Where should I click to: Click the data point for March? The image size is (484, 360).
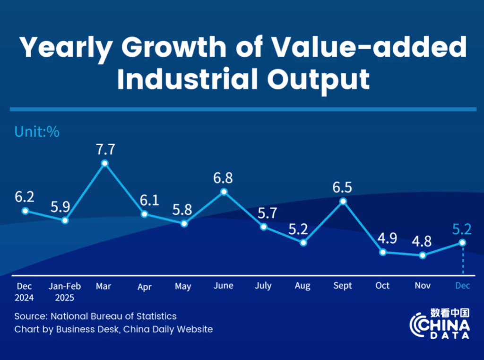(x=105, y=163)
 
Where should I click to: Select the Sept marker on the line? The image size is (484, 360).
(x=343, y=201)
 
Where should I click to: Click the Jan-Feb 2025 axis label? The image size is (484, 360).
(x=65, y=292)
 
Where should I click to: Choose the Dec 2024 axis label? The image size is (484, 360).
(x=25, y=292)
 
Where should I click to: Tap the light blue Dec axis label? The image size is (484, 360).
(x=462, y=286)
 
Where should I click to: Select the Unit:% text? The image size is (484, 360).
(x=37, y=132)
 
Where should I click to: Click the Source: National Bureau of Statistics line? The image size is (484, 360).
(x=95, y=316)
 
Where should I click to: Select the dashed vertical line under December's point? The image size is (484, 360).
(x=462, y=259)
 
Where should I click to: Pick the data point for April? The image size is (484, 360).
(x=145, y=214)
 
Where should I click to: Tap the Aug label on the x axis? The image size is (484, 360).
(x=302, y=286)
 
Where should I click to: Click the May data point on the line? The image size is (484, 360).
(x=184, y=223)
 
